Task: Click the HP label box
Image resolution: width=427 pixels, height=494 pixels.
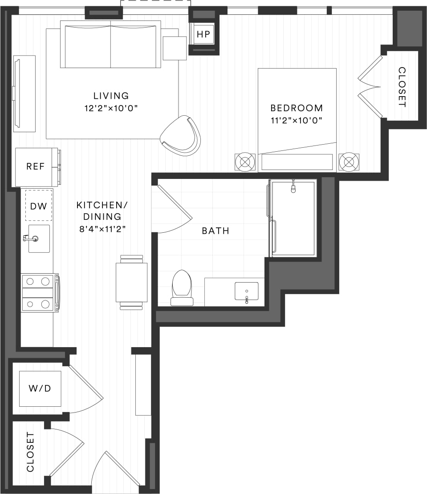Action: pos(203,34)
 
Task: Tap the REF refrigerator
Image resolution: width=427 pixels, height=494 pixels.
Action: pos(36,167)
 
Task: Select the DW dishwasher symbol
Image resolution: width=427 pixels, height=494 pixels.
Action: pos(38,206)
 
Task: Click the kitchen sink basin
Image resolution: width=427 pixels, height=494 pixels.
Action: pos(39,239)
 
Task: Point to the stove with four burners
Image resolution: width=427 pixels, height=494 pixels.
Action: pos(38,292)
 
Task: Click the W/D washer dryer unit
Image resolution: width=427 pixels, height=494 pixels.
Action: pos(40,389)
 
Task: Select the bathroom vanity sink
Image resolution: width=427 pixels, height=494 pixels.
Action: pos(246,292)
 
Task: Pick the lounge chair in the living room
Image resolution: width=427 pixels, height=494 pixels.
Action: pos(181,135)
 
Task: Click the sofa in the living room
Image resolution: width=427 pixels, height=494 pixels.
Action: pos(110,46)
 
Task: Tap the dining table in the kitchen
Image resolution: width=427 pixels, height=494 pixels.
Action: pos(131,283)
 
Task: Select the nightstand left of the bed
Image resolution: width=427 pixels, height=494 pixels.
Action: pos(245,162)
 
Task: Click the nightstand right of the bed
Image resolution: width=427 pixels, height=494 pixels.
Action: pos(349,162)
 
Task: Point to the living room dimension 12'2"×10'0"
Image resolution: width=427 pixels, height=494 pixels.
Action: pos(111,108)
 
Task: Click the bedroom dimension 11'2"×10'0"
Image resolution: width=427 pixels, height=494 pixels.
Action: pos(297,120)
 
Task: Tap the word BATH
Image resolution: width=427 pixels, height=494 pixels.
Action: pos(216,231)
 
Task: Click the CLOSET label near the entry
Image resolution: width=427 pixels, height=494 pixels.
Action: pos(30,452)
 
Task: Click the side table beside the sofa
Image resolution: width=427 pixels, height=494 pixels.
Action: pos(175,48)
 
